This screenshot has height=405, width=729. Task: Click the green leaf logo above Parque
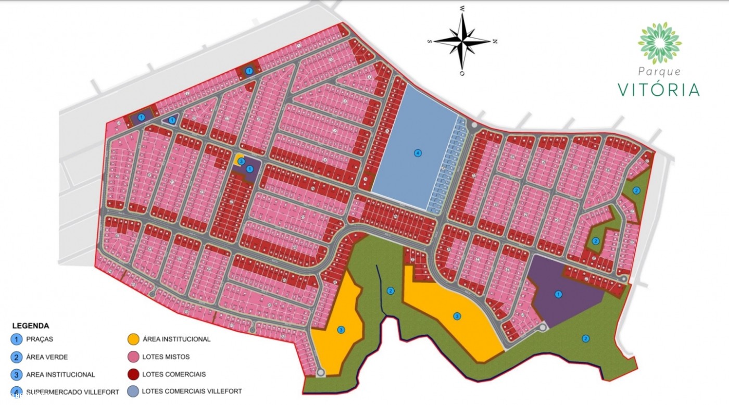(659, 43)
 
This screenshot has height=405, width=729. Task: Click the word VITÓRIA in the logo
(659, 90)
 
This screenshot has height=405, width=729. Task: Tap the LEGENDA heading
(30, 326)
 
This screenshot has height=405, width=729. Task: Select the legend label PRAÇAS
(40, 339)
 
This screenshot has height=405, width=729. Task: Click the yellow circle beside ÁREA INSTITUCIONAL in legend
(133, 339)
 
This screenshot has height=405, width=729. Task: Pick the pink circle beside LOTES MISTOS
(133, 357)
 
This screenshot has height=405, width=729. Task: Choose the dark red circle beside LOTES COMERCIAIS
(133, 374)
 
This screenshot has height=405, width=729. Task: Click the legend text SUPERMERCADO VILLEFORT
(72, 392)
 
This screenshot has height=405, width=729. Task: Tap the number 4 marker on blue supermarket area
(417, 153)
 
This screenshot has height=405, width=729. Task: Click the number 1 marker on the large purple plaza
(558, 294)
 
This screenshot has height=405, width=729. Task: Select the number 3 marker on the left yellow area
(341, 330)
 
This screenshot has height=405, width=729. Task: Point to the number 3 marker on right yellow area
(457, 316)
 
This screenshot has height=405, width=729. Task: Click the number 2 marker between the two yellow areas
(391, 290)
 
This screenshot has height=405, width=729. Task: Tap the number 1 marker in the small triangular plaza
(172, 120)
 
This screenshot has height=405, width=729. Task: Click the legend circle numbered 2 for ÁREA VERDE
(17, 357)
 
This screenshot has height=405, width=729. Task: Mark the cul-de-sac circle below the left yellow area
(320, 372)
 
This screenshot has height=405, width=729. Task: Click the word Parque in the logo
(659, 72)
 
